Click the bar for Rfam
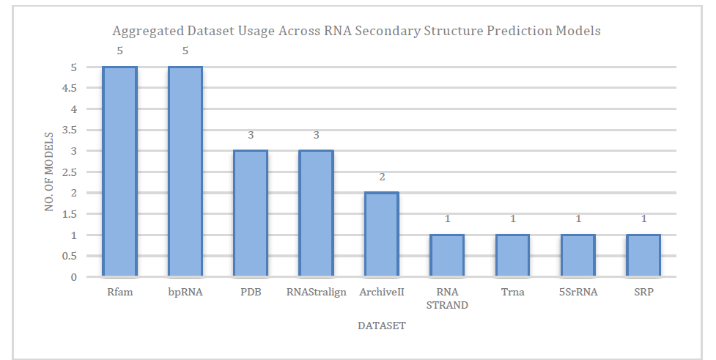pos(119,172)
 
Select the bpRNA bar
pos(185,172)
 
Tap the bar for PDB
pos(251,213)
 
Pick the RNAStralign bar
pos(316,213)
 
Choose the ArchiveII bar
pos(381,235)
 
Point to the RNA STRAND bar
pos(447,255)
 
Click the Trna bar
pos(512,255)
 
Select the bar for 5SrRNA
pos(578,255)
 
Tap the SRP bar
pos(643,255)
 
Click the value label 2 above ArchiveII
pos(382,177)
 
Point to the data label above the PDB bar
pos(251,135)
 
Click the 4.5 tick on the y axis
pos(70,88)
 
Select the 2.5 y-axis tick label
pos(70,172)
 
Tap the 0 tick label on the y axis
pos(74,277)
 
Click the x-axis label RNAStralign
pos(316,292)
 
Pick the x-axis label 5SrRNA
pos(578,292)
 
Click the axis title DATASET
pos(382,326)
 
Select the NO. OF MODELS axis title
pos(49,172)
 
